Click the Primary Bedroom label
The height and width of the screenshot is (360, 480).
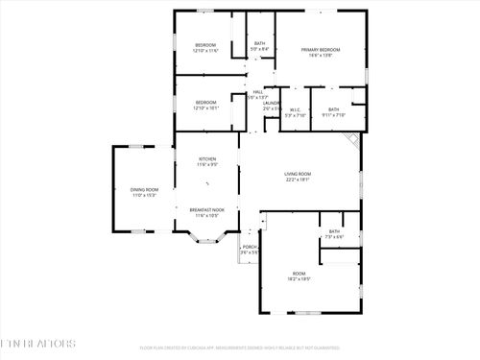coord(322,49)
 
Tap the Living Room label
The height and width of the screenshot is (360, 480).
coord(298,174)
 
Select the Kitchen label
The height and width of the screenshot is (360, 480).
coord(206,159)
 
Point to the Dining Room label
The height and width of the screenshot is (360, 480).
coord(145,189)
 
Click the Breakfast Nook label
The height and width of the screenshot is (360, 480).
coord(206,209)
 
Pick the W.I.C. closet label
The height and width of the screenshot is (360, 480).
coord(296,109)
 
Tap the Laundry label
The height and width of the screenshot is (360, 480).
coord(272,102)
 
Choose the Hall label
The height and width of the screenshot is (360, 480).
coord(257,91)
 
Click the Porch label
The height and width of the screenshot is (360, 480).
coord(250,247)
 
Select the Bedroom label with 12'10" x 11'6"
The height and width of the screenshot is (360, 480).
coord(206,45)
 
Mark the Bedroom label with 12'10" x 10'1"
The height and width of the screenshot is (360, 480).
coord(206,103)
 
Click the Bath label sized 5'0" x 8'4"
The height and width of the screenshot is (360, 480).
coord(259,43)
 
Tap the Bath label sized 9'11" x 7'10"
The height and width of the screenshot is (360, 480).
coord(334,109)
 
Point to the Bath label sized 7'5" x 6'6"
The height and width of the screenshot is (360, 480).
coord(334,231)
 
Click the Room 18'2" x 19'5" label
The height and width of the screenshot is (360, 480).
coord(298,275)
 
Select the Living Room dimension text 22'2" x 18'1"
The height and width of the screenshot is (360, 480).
coord(298,180)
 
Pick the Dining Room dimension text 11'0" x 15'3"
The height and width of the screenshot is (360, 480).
coord(145,195)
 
